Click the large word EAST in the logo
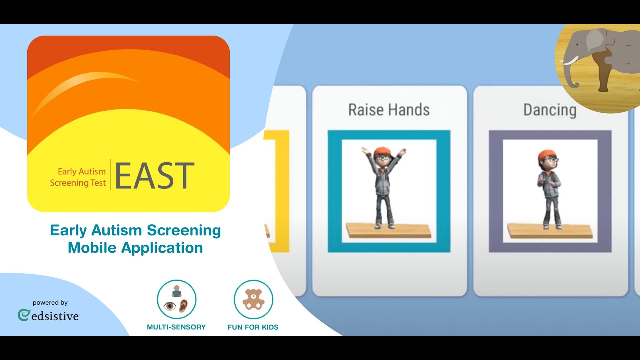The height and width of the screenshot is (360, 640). pyautogui.click(x=155, y=175)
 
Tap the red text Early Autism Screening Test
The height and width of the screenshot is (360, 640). pyautogui.click(x=78, y=177)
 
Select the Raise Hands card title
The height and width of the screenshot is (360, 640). pyautogui.click(x=389, y=110)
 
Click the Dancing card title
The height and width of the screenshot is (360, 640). pyautogui.click(x=550, y=110)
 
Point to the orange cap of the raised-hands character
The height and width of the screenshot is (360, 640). pyautogui.click(x=382, y=151)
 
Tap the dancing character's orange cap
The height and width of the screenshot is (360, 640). pyautogui.click(x=546, y=155)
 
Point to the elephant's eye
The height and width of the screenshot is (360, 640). pyautogui.click(x=577, y=45)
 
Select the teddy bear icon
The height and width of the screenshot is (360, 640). pyautogui.click(x=253, y=299)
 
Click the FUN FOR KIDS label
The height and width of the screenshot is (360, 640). pyautogui.click(x=253, y=327)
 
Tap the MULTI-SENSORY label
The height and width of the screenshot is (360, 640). pyautogui.click(x=176, y=327)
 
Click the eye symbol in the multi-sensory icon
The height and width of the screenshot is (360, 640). pyautogui.click(x=170, y=306)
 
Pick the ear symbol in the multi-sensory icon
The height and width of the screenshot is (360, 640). pyautogui.click(x=183, y=306)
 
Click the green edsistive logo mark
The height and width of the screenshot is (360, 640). pyautogui.click(x=23, y=315)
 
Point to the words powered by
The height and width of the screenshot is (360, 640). pyautogui.click(x=50, y=303)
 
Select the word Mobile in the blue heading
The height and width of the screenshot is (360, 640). pyautogui.click(x=92, y=247)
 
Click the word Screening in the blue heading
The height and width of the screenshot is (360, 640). pyautogui.click(x=184, y=231)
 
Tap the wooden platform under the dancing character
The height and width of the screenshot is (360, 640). pyautogui.click(x=550, y=231)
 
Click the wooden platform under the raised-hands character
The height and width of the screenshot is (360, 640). pyautogui.click(x=389, y=231)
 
